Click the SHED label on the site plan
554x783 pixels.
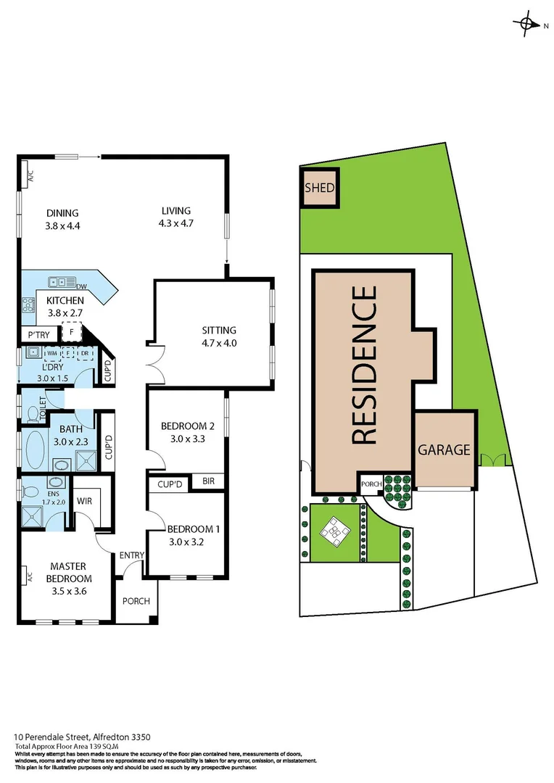(320, 188)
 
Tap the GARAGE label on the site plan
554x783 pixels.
(445, 450)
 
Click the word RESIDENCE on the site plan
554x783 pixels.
(364, 365)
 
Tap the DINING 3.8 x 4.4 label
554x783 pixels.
(62, 218)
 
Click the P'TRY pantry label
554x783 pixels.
(38, 335)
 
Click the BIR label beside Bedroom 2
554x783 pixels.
(209, 481)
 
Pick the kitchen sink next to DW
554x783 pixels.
(59, 282)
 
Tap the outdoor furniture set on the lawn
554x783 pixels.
(335, 532)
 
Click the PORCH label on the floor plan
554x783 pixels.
(136, 601)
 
